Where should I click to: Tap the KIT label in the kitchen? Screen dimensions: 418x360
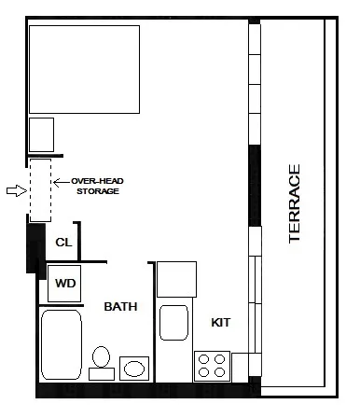[x=221, y=323]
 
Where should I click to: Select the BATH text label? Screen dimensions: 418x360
[x=121, y=306]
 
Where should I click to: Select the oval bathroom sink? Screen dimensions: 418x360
[x=134, y=368]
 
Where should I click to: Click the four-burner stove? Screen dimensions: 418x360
[x=212, y=364]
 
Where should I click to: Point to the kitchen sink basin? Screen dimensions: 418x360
[x=175, y=323]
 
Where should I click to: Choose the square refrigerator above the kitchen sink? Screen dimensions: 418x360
[x=175, y=279]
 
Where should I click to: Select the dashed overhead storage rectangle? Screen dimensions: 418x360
[x=40, y=189]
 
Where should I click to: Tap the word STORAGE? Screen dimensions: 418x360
[x=96, y=191]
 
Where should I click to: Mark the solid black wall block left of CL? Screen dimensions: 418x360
[x=34, y=247]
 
